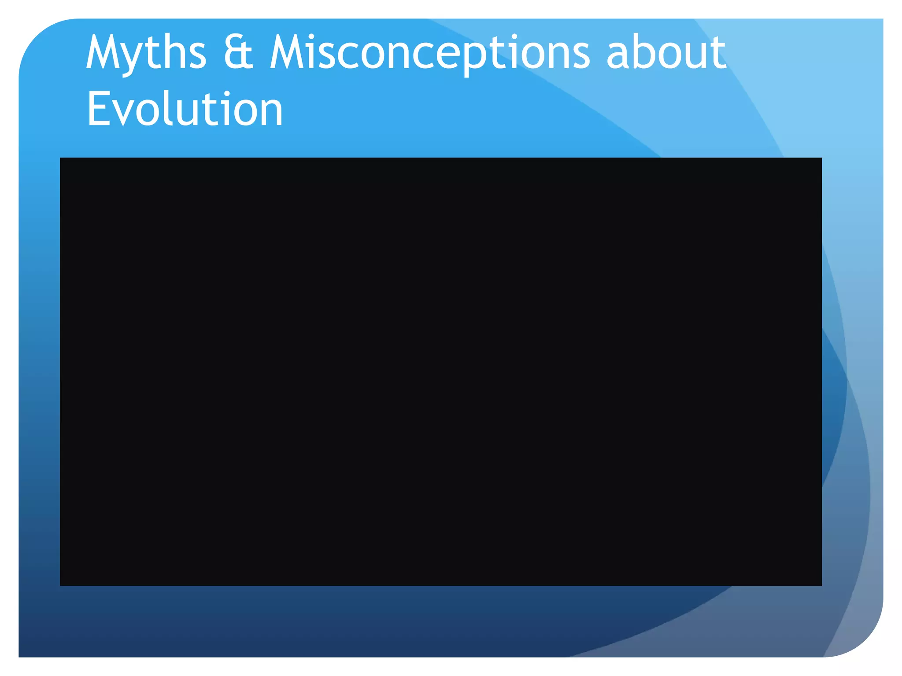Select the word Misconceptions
tap(429, 53)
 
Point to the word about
tap(666, 53)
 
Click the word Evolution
tap(185, 109)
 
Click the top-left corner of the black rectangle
tap(60, 158)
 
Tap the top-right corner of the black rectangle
tap(821, 158)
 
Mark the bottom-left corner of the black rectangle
tap(60, 585)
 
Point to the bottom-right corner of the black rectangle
tap(821, 585)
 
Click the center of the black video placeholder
tap(441, 371)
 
